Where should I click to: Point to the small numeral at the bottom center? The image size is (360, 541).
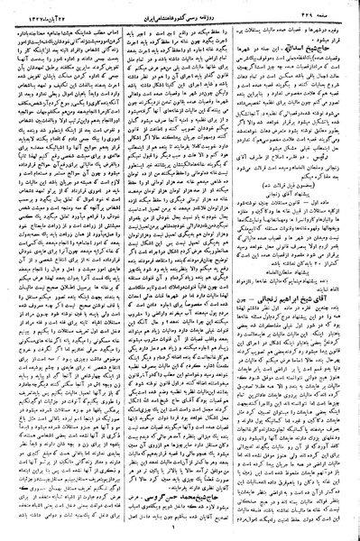[180, 531]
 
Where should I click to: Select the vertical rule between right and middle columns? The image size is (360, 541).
[238, 270]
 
